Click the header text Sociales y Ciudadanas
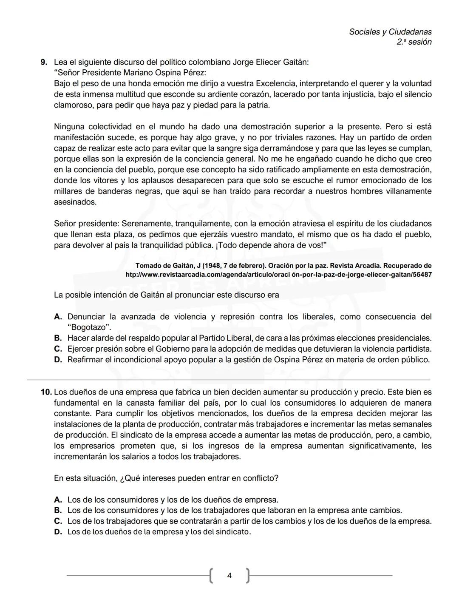click(x=390, y=32)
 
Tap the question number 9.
click(x=44, y=62)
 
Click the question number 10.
click(x=46, y=392)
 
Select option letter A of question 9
click(x=58, y=317)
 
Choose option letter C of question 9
click(x=58, y=349)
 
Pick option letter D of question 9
click(x=58, y=360)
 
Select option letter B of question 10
click(x=58, y=510)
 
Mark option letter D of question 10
click(x=58, y=532)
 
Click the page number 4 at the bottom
click(x=229, y=576)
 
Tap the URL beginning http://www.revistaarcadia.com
click(x=278, y=275)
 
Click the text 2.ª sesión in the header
click(x=414, y=42)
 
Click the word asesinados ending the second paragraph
click(x=75, y=202)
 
